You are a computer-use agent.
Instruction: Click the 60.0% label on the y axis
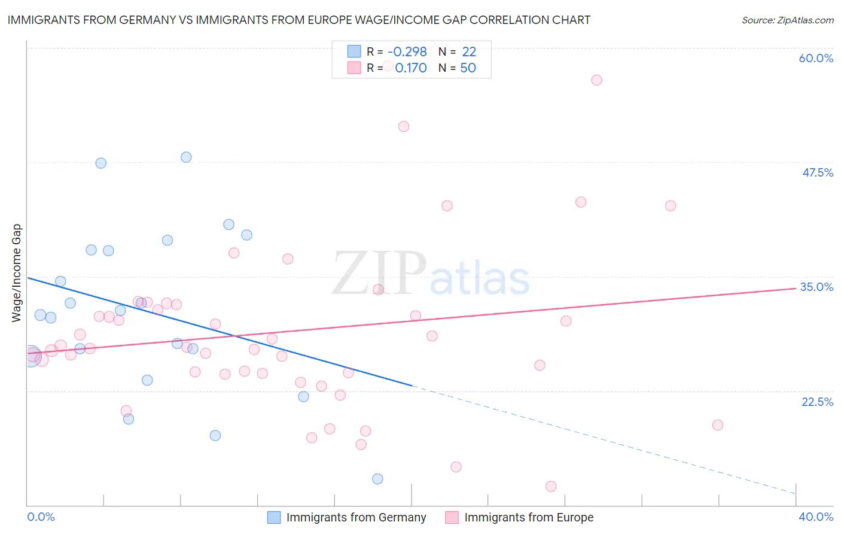[816, 58]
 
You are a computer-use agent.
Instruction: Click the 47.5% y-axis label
[818, 172]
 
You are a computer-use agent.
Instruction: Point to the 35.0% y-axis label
[816, 287]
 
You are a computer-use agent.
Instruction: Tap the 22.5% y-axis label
[817, 402]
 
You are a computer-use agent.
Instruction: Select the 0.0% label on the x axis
[41, 517]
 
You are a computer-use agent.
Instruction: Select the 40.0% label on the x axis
[816, 517]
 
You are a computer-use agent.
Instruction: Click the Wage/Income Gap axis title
[16, 273]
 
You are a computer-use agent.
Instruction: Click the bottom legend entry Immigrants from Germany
[356, 517]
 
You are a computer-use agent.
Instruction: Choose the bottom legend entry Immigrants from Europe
[529, 517]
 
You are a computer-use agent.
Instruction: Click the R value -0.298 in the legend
[407, 52]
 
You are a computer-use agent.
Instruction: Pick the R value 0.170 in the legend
[411, 68]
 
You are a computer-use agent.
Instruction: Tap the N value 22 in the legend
[469, 52]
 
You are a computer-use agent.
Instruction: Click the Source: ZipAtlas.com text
[787, 20]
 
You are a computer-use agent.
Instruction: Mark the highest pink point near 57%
[596, 80]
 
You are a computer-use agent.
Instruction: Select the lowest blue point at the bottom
[377, 479]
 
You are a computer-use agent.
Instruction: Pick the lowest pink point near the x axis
[551, 487]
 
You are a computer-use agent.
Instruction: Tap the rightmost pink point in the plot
[718, 425]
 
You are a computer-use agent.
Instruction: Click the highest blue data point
[186, 157]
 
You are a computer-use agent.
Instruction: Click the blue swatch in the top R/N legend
[354, 52]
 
